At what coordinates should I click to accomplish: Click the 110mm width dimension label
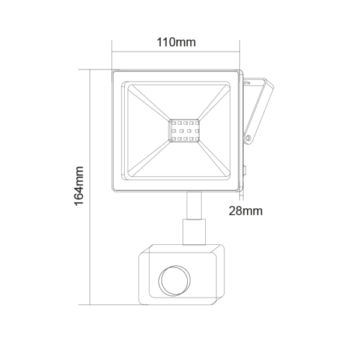(176, 43)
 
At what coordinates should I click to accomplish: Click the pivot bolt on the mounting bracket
(248, 139)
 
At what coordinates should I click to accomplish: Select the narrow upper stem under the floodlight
(194, 205)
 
